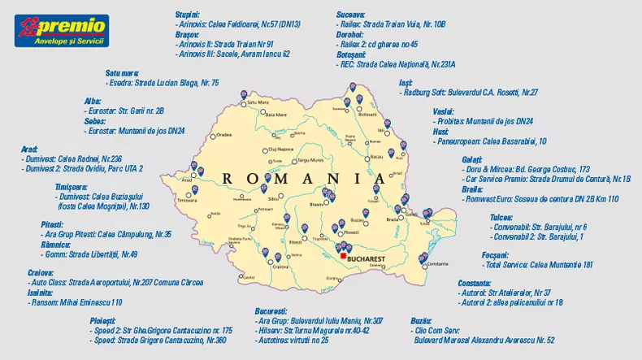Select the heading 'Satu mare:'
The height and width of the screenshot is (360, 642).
click(122, 72)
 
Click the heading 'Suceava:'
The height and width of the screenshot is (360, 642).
click(351, 15)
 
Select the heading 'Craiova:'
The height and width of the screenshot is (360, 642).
click(41, 272)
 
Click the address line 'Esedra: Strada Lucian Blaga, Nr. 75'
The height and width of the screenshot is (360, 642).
click(163, 83)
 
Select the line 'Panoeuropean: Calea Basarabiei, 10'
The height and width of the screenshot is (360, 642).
click(490, 141)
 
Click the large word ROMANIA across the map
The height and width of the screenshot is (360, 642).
click(303, 177)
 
